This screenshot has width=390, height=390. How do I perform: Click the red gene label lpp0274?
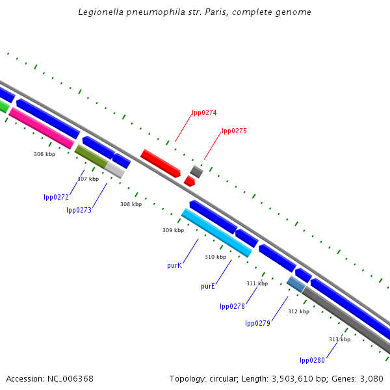tap(204, 112)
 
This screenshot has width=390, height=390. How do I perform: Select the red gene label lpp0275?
tap(234, 131)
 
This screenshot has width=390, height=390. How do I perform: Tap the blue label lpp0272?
tap(57, 197)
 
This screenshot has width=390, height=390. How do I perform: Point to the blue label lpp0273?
tap(79, 210)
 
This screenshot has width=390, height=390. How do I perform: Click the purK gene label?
tap(174, 265)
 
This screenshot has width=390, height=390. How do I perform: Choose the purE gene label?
tap(208, 286)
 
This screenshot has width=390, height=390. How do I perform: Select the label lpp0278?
tap(232, 306)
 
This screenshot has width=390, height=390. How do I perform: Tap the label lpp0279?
tap(257, 323)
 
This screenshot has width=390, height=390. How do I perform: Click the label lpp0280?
tap(312, 360)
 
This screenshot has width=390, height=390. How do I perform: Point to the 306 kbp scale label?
tap(45, 154)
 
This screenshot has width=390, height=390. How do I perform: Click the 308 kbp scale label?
tap(131, 204)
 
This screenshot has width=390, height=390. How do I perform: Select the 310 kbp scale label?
tap(215, 257)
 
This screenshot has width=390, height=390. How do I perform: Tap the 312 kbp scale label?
tap(298, 311)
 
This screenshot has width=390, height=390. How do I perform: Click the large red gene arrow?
tap(160, 162)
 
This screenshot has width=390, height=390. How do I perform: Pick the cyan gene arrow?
tap(216, 232)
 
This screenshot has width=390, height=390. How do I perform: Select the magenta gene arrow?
tap(42, 127)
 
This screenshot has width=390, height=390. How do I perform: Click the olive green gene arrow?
tap(91, 156)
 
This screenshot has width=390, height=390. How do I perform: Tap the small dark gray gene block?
tap(196, 172)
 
